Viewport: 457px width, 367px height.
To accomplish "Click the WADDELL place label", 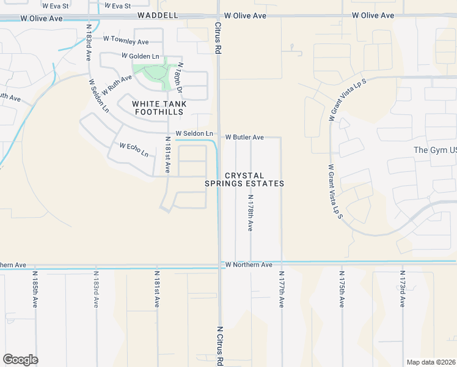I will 158,15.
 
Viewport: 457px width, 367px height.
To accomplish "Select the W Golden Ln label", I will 140,56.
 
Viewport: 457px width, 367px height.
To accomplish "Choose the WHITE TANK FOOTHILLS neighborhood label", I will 158,108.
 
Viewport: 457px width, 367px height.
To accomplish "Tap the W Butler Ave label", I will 244,138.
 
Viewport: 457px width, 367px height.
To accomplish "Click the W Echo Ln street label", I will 134,150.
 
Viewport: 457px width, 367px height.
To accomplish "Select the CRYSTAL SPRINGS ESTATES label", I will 244,179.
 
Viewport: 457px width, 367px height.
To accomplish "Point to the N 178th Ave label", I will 250,213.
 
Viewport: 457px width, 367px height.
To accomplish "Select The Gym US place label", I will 435,150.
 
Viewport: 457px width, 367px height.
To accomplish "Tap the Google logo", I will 20,360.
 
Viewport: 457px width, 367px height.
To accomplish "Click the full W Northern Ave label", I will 249,265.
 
